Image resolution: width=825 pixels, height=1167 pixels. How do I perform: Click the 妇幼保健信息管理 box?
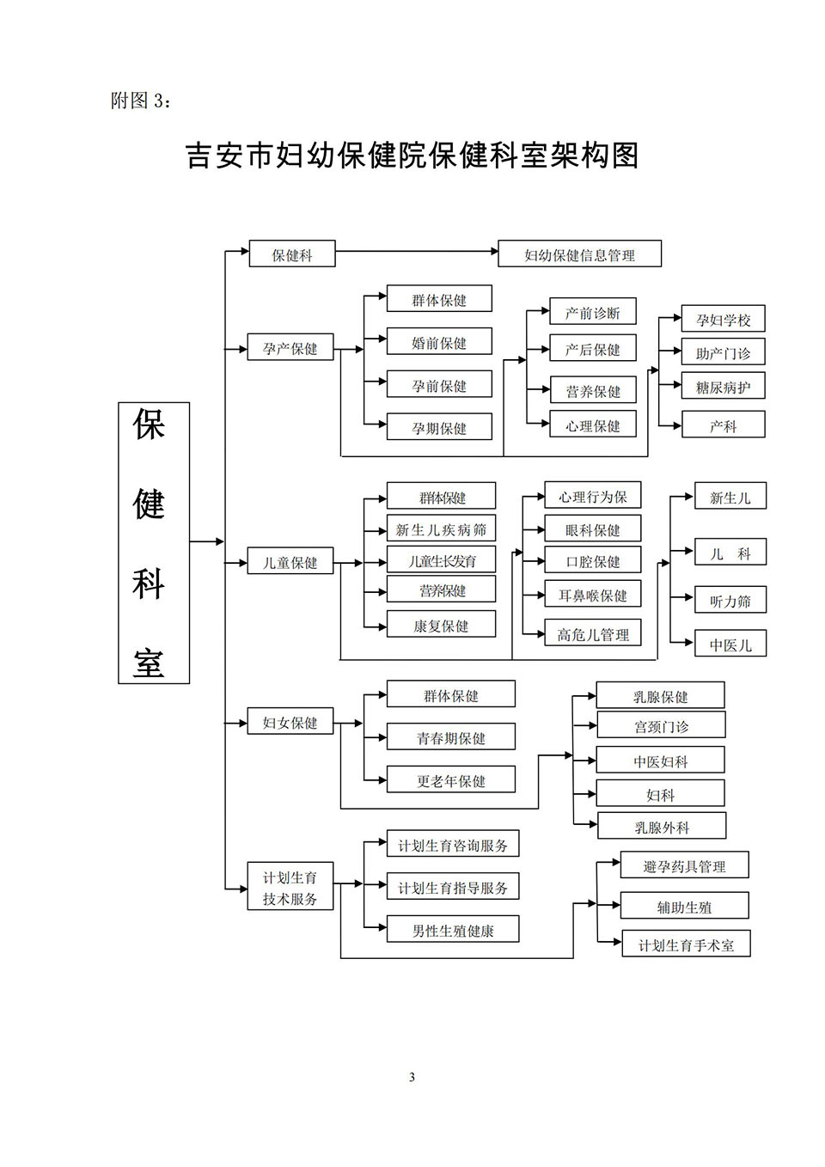[x=579, y=254]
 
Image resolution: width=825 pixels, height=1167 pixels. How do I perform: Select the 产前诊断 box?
[x=593, y=312]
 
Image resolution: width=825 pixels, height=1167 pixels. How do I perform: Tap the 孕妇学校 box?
[x=723, y=319]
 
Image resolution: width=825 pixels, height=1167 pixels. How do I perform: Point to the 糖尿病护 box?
[x=723, y=386]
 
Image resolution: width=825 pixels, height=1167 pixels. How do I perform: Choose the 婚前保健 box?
[x=439, y=341]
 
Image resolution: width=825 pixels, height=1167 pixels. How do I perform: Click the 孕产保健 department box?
[x=290, y=347]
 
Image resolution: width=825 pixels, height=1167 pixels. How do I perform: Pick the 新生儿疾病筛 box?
[x=441, y=529]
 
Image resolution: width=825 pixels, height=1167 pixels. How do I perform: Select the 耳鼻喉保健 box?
[x=593, y=594]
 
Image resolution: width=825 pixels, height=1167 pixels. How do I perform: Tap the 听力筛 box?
[x=730, y=600]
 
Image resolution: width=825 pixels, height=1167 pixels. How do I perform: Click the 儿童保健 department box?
[x=290, y=560]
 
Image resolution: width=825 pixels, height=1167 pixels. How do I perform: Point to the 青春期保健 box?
[x=451, y=736]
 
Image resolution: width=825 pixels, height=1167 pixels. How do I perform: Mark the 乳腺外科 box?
[x=662, y=825]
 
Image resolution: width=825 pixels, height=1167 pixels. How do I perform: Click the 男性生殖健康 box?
[x=453, y=929]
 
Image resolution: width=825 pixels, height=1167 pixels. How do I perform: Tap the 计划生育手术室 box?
[x=686, y=944]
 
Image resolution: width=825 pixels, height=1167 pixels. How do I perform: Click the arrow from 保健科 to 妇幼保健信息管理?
[x=417, y=251]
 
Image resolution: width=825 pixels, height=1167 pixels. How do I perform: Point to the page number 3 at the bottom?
[x=412, y=1078]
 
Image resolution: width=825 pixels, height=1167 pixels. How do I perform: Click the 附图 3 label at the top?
[x=140, y=101]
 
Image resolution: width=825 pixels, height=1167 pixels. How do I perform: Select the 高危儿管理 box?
[x=593, y=633]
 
